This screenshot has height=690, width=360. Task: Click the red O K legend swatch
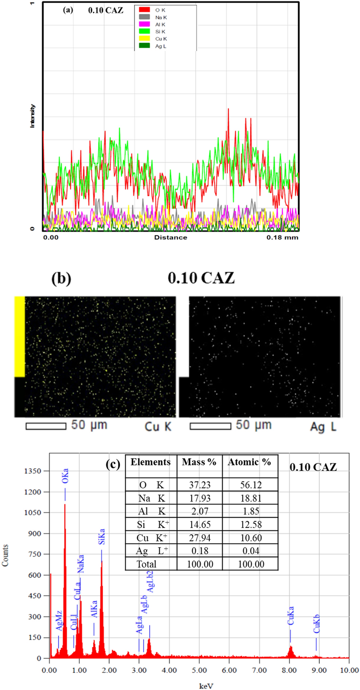tap(144, 10)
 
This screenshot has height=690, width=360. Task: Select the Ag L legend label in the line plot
tap(161, 46)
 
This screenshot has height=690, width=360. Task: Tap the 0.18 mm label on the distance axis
tap(282, 238)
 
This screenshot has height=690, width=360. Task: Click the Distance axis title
tap(171, 238)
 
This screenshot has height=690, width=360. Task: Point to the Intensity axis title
tap(32, 116)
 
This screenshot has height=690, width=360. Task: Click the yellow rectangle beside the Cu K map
tap(19, 336)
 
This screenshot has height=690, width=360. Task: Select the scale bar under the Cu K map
tap(46, 426)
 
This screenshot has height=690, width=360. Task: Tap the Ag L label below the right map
tap(323, 427)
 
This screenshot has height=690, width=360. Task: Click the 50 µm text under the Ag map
tap(254, 425)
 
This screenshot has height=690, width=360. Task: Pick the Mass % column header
tap(199, 462)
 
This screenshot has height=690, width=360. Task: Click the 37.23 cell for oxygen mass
tap(200, 485)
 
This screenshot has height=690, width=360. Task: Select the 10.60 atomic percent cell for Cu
tap(251, 538)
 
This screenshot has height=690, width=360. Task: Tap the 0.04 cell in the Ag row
tap(251, 551)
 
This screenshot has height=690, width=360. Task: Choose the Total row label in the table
tap(147, 564)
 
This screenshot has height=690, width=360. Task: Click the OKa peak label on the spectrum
tap(65, 476)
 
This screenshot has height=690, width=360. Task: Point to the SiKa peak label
tap(102, 536)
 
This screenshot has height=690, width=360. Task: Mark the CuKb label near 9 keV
tap(316, 624)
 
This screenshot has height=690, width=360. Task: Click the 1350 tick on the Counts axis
tap(32, 471)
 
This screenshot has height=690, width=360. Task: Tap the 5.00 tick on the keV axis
tap(199, 670)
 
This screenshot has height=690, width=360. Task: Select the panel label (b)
tap(61, 278)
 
